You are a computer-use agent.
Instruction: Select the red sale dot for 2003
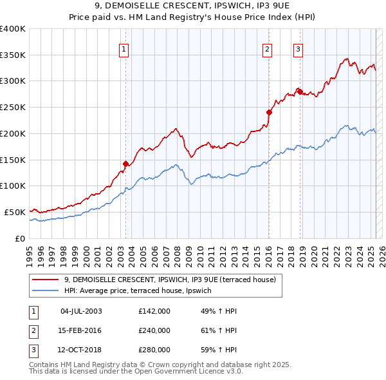(125, 164)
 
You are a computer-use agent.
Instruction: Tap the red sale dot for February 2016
(270, 112)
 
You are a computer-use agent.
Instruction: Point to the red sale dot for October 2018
(300, 91)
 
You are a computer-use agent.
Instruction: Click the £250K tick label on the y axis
(13, 108)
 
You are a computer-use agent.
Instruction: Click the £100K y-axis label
(13, 186)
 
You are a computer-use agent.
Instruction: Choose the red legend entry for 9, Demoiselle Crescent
(170, 280)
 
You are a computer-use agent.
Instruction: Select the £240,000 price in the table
(154, 330)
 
